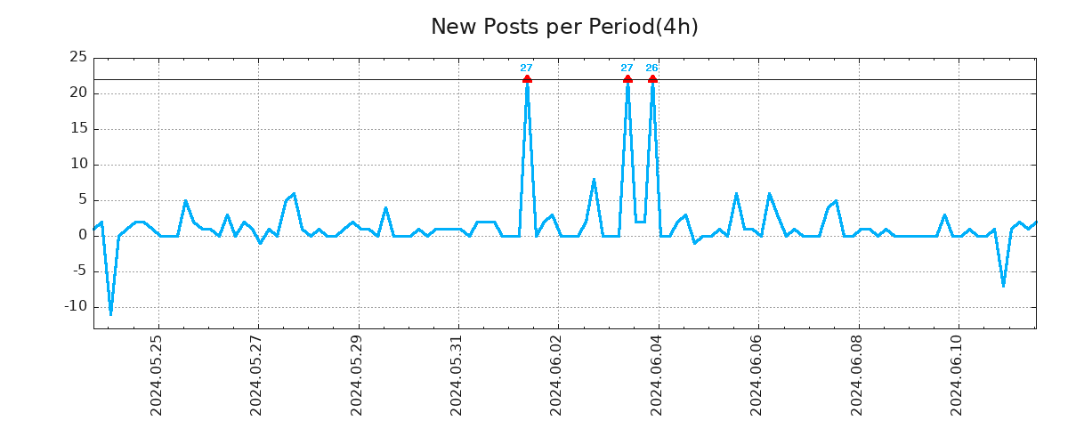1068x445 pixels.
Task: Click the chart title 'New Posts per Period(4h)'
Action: coord(564,27)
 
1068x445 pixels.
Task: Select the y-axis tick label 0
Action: coord(83,236)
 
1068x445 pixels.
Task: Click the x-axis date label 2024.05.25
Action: coord(157,375)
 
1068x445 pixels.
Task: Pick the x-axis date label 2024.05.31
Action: coord(457,375)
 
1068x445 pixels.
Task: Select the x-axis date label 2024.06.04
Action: coord(657,375)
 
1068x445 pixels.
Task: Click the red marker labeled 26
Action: coord(652,80)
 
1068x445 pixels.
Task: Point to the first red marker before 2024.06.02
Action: coord(527,80)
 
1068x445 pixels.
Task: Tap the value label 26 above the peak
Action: coord(652,68)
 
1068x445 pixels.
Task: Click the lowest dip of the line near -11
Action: coord(110,314)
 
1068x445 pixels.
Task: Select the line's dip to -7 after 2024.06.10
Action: coord(1003,286)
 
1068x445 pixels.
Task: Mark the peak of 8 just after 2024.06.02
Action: coord(594,179)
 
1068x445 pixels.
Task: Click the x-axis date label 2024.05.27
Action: coord(256,375)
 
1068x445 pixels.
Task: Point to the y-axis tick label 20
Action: coord(78,93)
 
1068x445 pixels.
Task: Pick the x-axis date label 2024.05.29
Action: coord(357,375)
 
